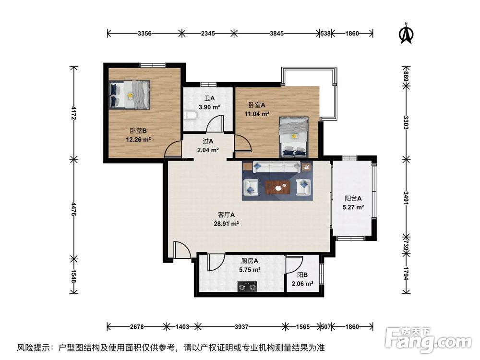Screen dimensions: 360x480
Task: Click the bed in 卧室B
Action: point(130,95)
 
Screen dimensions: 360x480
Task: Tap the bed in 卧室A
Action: point(294,137)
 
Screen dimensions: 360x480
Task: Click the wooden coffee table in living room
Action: point(277,187)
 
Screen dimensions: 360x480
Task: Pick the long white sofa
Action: point(277,167)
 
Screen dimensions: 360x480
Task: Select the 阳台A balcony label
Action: point(353,198)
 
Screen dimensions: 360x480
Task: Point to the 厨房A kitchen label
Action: point(250,261)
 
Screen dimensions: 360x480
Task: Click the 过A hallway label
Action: point(208,141)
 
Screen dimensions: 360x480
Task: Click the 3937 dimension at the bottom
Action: point(241,327)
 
